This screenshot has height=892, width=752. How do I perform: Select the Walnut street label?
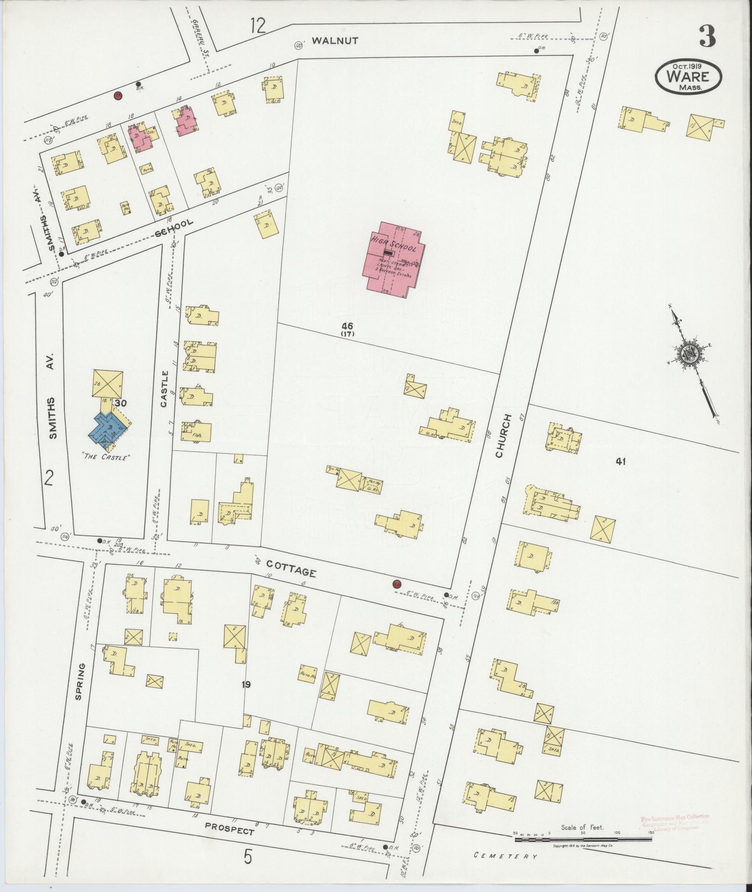[335, 41]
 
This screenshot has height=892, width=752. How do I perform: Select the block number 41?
[620, 462]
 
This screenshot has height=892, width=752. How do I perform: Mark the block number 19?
[247, 685]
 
